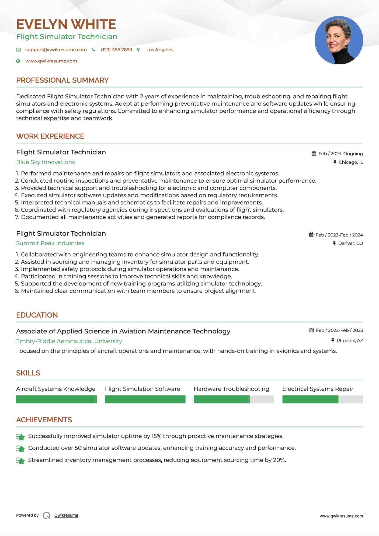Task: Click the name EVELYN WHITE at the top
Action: pos(66,25)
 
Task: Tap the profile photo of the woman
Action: pos(339,40)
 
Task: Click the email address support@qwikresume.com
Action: pos(56,50)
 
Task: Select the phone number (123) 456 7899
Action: pos(116,50)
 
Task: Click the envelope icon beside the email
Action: pos(18,50)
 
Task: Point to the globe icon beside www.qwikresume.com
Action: pos(18,61)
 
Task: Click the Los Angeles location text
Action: pos(160,50)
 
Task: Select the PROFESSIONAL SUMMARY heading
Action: pos(62,80)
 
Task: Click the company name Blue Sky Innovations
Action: pos(46,162)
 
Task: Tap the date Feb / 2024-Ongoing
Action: pos(340,154)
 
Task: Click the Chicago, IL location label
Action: pos(350,162)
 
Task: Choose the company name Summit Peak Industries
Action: pos(50,243)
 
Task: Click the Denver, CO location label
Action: pos(350,243)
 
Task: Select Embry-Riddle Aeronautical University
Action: pos(69,341)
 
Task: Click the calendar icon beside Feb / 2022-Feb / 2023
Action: pos(311,330)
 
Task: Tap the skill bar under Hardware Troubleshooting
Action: pos(234,399)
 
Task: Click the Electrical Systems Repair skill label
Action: pos(318,389)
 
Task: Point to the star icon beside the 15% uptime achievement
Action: pos(20,437)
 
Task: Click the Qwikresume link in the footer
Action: pos(66,515)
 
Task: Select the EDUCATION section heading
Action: pos(37,315)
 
